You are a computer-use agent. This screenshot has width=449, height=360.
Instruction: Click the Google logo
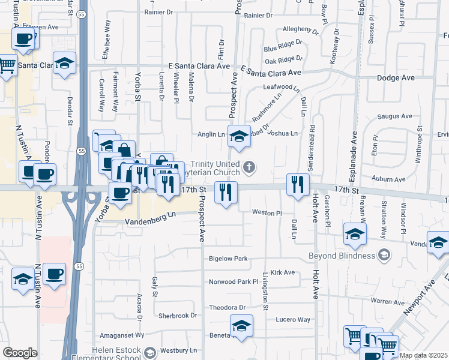click(x=20, y=353)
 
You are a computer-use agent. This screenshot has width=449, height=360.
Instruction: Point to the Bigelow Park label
click(x=228, y=259)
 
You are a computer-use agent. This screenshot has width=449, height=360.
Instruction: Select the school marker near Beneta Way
click(x=241, y=326)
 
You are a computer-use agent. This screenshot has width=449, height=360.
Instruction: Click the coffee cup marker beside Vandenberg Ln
click(x=120, y=193)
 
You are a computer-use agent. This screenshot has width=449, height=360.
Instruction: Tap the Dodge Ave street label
click(x=396, y=78)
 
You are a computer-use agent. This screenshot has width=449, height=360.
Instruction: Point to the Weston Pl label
click(x=267, y=213)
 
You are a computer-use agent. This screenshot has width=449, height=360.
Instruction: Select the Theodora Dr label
click(x=228, y=308)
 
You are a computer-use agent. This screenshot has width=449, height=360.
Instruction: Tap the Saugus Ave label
click(x=394, y=116)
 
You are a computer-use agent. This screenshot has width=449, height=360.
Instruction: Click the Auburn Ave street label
click(x=388, y=179)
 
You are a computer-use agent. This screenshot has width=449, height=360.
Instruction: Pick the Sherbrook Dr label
click(x=178, y=316)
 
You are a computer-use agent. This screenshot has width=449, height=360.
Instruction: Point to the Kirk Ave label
click(x=283, y=272)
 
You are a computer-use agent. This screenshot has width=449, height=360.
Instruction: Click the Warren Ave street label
click(x=387, y=301)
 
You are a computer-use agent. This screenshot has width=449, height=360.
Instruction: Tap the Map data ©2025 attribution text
click(x=424, y=355)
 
